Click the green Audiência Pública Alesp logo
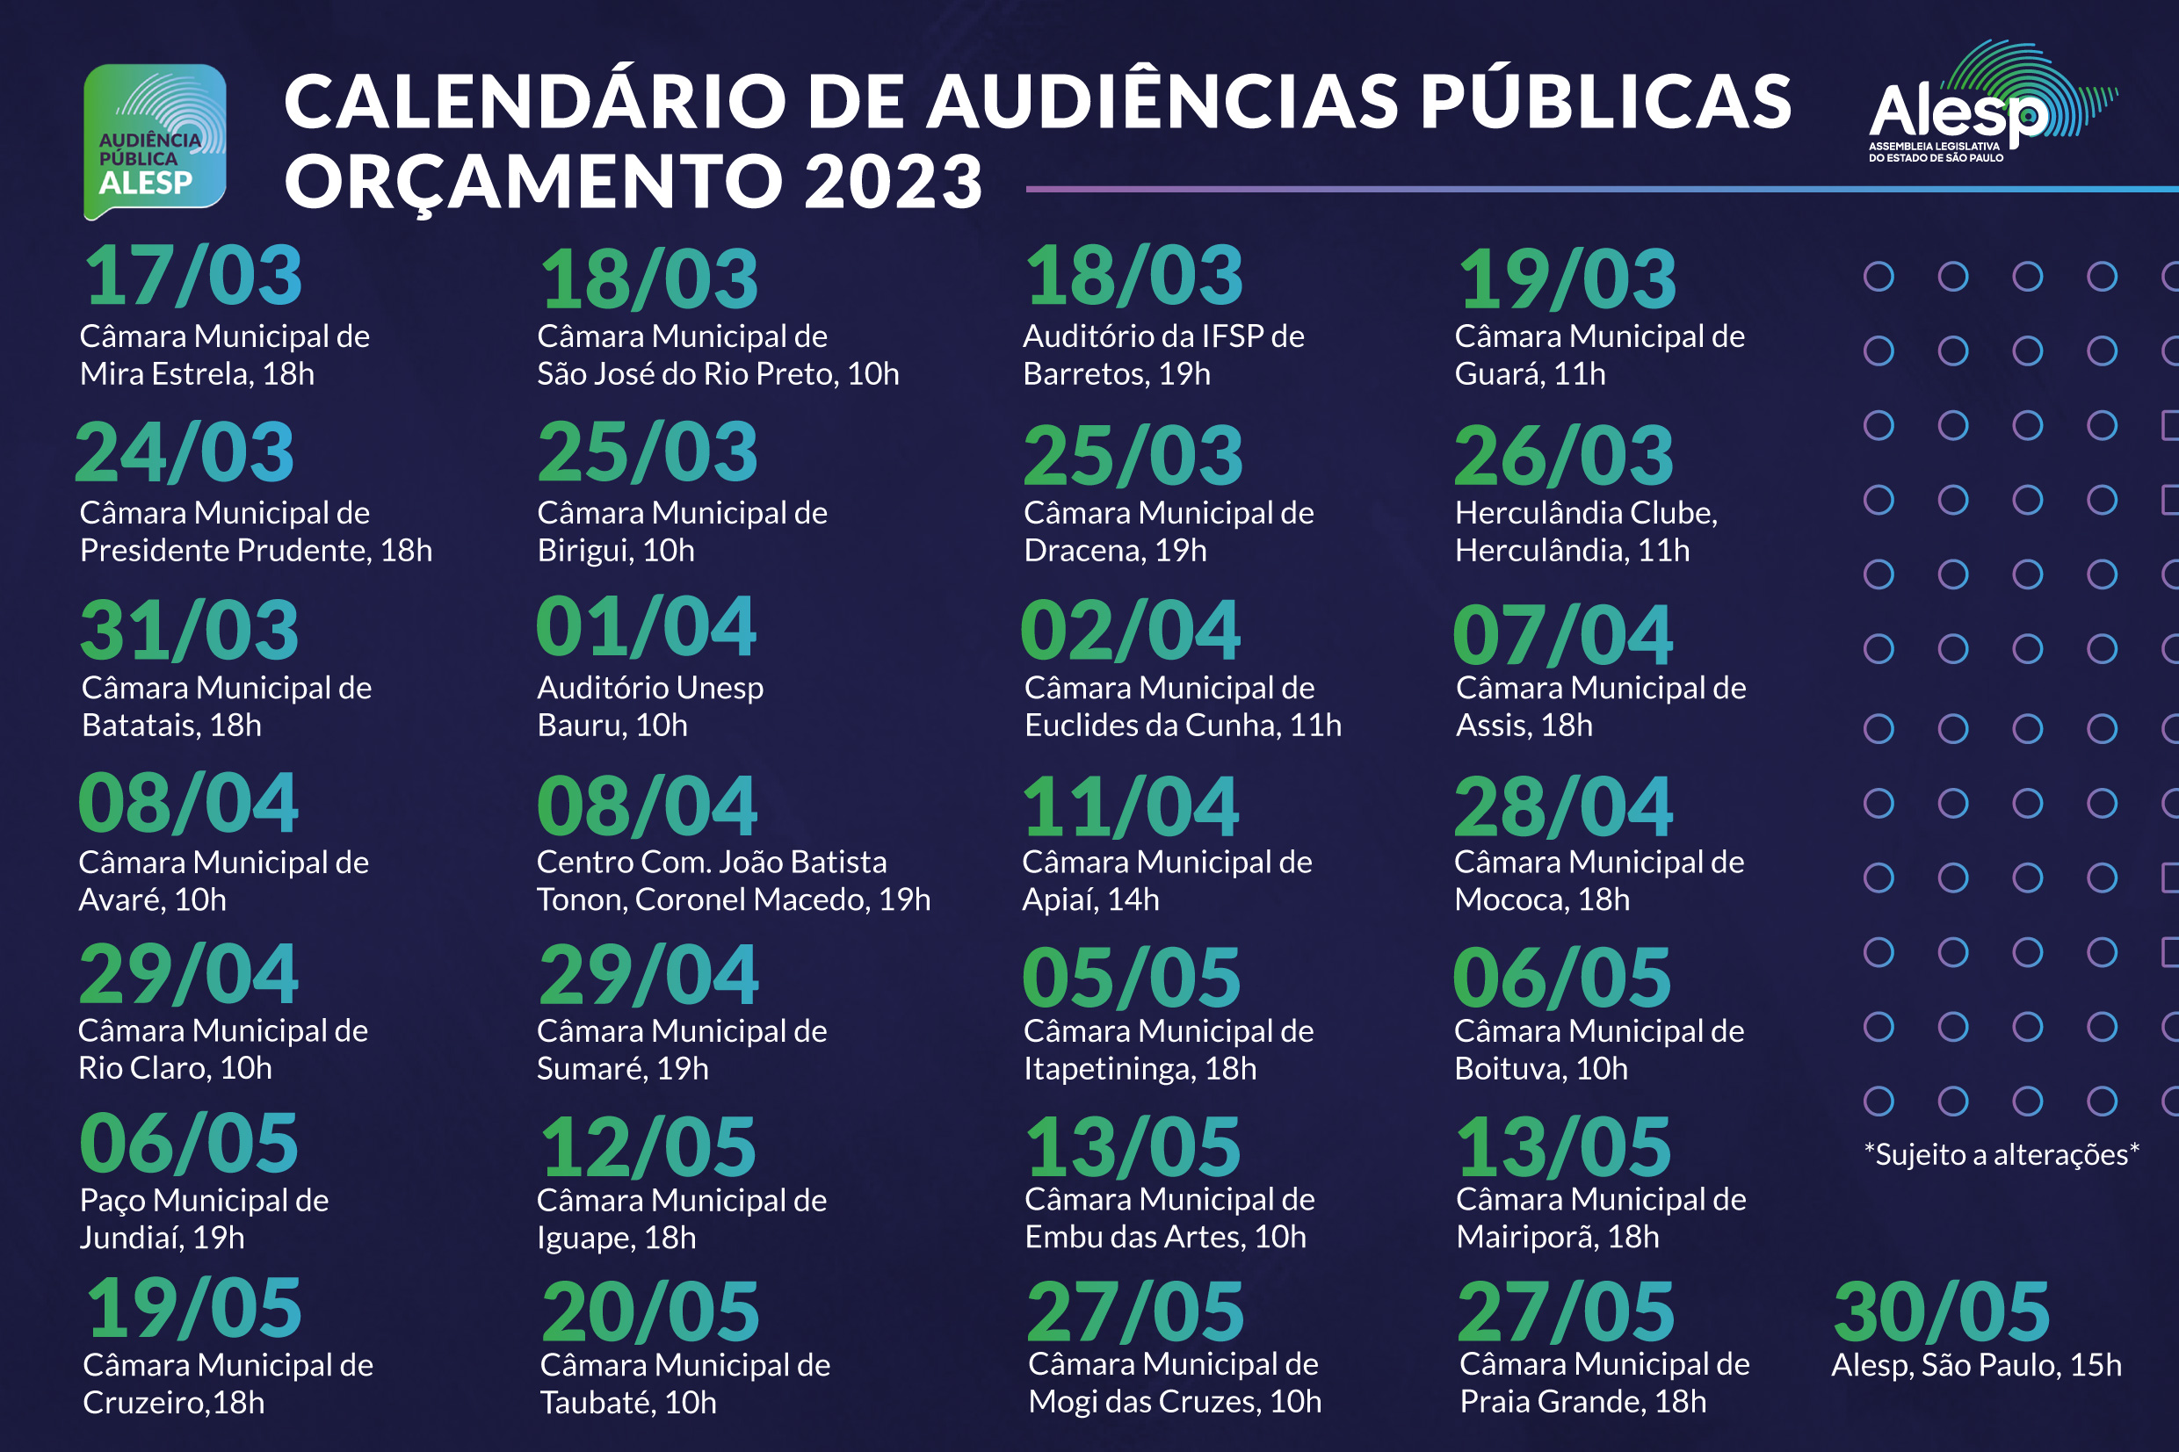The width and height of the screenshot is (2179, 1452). point(155,141)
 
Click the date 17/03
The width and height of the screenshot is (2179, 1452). point(192,276)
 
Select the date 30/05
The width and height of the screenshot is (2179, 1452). point(1941,1311)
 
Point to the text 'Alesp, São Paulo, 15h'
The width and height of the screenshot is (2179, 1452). point(1975,1365)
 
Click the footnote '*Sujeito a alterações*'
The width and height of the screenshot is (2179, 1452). point(2001,1155)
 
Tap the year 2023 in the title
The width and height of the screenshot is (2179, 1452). point(893,182)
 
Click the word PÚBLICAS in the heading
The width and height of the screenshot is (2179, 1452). point(1605,102)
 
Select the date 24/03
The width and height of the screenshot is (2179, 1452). point(185,451)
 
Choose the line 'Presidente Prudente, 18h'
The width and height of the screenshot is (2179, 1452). point(256,551)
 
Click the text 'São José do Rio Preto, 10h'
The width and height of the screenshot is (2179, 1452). point(718,374)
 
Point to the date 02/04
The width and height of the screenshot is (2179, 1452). point(1130,631)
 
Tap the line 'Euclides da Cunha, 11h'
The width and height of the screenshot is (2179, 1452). point(1183,725)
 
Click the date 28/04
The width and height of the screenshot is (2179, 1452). point(1563,806)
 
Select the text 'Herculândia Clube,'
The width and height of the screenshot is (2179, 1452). point(1585,513)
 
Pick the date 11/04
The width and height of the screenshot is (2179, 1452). point(1130,806)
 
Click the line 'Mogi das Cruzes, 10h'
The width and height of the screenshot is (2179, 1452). point(1174,1402)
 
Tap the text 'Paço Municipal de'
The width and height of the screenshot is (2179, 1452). point(204,1200)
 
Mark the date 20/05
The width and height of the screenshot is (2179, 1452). point(650,1311)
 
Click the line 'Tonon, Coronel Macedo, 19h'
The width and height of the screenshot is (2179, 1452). point(733,900)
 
